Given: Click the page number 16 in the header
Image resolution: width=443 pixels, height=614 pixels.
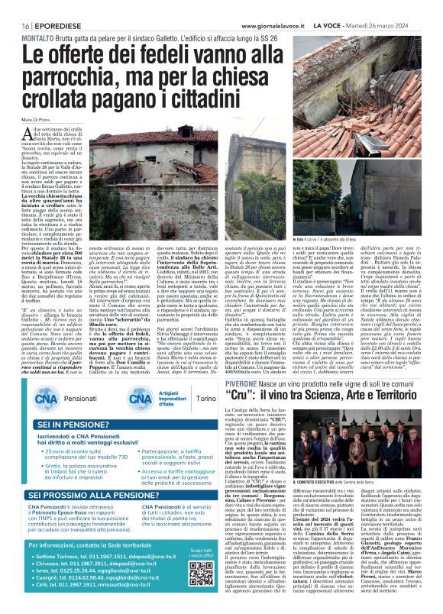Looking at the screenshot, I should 15,25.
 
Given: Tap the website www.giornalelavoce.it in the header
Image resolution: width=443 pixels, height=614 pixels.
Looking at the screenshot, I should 237,25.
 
